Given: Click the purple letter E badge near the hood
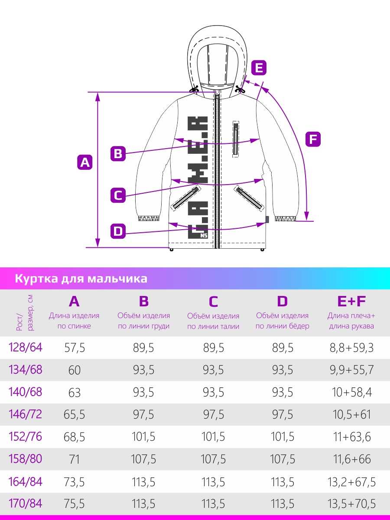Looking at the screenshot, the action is click(259, 68).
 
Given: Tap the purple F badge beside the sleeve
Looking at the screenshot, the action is click(313, 139).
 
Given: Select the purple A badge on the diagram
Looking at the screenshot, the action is click(85, 162).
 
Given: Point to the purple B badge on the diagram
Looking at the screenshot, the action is click(118, 153).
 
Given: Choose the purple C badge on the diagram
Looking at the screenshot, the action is click(118, 195).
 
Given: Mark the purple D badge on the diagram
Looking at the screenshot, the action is click(118, 231).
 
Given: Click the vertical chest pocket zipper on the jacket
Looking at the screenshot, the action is click(236, 139).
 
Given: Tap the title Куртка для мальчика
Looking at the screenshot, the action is click(81, 278).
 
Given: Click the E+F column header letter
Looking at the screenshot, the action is click(351, 301).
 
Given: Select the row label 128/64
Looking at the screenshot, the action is click(25, 348).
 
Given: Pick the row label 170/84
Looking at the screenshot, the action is click(25, 504).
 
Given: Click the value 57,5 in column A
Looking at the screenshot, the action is click(75, 348).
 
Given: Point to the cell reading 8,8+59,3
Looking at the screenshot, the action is click(351, 348).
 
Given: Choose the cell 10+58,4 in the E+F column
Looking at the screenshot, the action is click(351, 392).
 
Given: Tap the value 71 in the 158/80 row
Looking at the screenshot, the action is click(74, 459).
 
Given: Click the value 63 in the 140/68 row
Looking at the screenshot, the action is click(75, 392).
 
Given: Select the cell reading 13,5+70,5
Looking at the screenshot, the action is click(351, 504).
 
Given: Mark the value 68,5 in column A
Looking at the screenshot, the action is click(74, 437).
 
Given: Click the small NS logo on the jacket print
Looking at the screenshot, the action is click(204, 235).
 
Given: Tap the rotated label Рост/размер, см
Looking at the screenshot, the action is click(25, 313).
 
